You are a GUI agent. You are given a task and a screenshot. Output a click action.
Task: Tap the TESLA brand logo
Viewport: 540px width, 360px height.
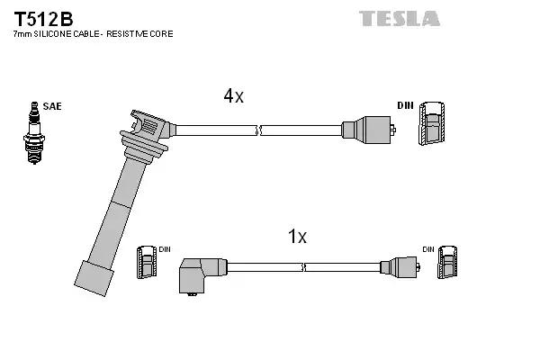[x=400, y=19]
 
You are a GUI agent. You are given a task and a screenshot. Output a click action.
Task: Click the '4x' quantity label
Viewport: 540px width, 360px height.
[x=233, y=96]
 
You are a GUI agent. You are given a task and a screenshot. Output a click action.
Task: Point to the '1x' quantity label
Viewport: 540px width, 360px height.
[x=297, y=237]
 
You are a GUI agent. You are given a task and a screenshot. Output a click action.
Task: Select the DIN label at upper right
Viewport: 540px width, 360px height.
[x=404, y=106]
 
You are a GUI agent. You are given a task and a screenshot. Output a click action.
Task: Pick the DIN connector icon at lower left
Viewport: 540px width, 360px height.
[x=145, y=265]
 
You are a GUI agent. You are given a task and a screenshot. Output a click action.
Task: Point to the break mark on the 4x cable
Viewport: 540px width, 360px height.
[x=258, y=130]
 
